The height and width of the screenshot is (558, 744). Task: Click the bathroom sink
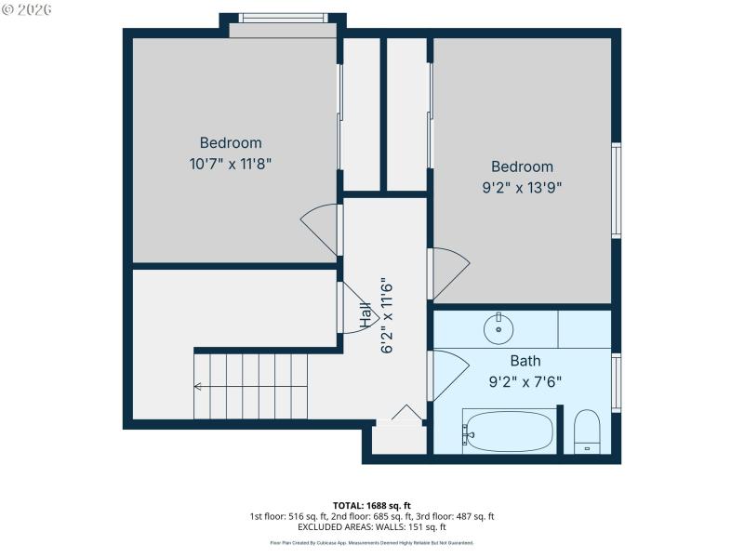tap(498, 327)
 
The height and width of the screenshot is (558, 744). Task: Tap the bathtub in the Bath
tap(509, 432)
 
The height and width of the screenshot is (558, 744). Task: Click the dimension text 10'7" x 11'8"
tap(231, 163)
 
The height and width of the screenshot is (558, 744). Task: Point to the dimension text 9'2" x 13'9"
tap(522, 186)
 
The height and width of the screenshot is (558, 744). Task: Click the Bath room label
tap(525, 361)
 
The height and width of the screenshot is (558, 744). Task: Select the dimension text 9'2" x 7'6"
tap(525, 380)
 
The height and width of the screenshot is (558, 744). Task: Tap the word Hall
tap(366, 316)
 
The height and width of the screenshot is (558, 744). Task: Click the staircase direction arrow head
tap(197, 386)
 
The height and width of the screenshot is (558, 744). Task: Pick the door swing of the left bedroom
tap(321, 228)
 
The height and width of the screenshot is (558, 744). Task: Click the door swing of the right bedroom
tap(449, 272)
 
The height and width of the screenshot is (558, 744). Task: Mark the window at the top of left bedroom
tap(283, 18)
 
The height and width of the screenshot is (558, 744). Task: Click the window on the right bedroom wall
tap(616, 191)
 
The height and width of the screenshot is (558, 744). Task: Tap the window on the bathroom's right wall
tap(616, 382)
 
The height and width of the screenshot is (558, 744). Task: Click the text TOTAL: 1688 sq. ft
tap(371, 505)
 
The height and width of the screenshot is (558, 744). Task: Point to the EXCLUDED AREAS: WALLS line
tap(371, 527)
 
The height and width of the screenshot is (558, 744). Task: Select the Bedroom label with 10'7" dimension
tap(231, 143)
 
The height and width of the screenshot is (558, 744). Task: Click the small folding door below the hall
tap(405, 413)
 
